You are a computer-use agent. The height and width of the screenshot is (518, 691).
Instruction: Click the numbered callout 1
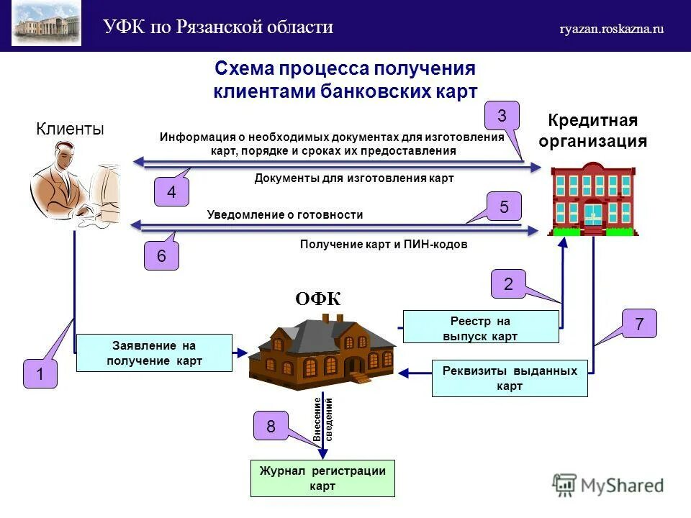coord(40,374)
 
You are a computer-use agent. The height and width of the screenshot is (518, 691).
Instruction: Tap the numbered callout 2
coord(508,284)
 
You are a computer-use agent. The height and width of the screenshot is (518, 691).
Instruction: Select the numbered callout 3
coord(502,115)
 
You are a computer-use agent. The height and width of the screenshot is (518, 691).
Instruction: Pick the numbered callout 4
coord(171,193)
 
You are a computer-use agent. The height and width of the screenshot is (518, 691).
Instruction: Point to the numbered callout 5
coord(504,207)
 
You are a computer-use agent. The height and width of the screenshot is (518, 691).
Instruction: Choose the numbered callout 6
coord(161,256)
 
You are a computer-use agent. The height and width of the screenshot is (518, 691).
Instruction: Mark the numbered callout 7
coord(639,324)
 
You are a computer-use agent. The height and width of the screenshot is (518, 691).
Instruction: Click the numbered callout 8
coord(271,426)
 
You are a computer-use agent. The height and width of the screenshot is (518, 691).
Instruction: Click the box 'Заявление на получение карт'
coord(154,353)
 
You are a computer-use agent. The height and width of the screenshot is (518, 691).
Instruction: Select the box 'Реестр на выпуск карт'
coord(481,327)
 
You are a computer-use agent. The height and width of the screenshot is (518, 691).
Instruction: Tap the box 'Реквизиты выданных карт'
coord(510,378)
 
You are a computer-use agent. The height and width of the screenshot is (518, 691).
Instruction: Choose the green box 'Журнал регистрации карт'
coord(322,478)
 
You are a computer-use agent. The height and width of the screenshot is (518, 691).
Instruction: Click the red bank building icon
coord(593,199)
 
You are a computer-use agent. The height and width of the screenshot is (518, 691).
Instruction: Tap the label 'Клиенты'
coord(70,129)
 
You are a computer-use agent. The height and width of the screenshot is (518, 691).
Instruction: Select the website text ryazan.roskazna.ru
coord(612,29)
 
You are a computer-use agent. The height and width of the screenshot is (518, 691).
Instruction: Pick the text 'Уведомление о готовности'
coord(285,214)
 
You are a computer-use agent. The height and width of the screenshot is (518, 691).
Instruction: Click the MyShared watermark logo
coord(608,486)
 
